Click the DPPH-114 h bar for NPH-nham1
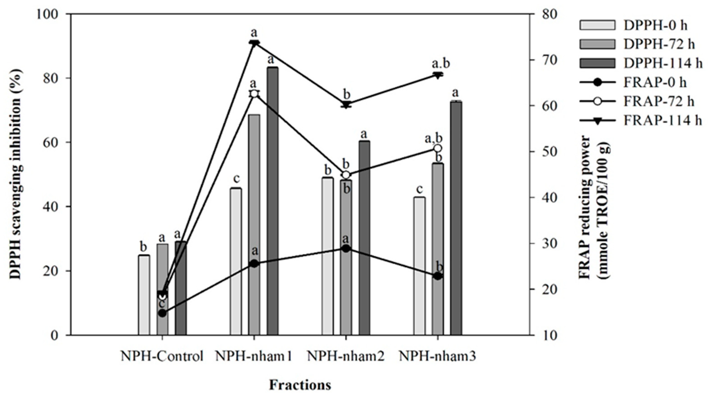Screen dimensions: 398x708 272,201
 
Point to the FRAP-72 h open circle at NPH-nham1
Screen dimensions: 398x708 254,94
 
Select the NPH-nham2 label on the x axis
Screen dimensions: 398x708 346,357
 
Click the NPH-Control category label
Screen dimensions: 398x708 162,357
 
